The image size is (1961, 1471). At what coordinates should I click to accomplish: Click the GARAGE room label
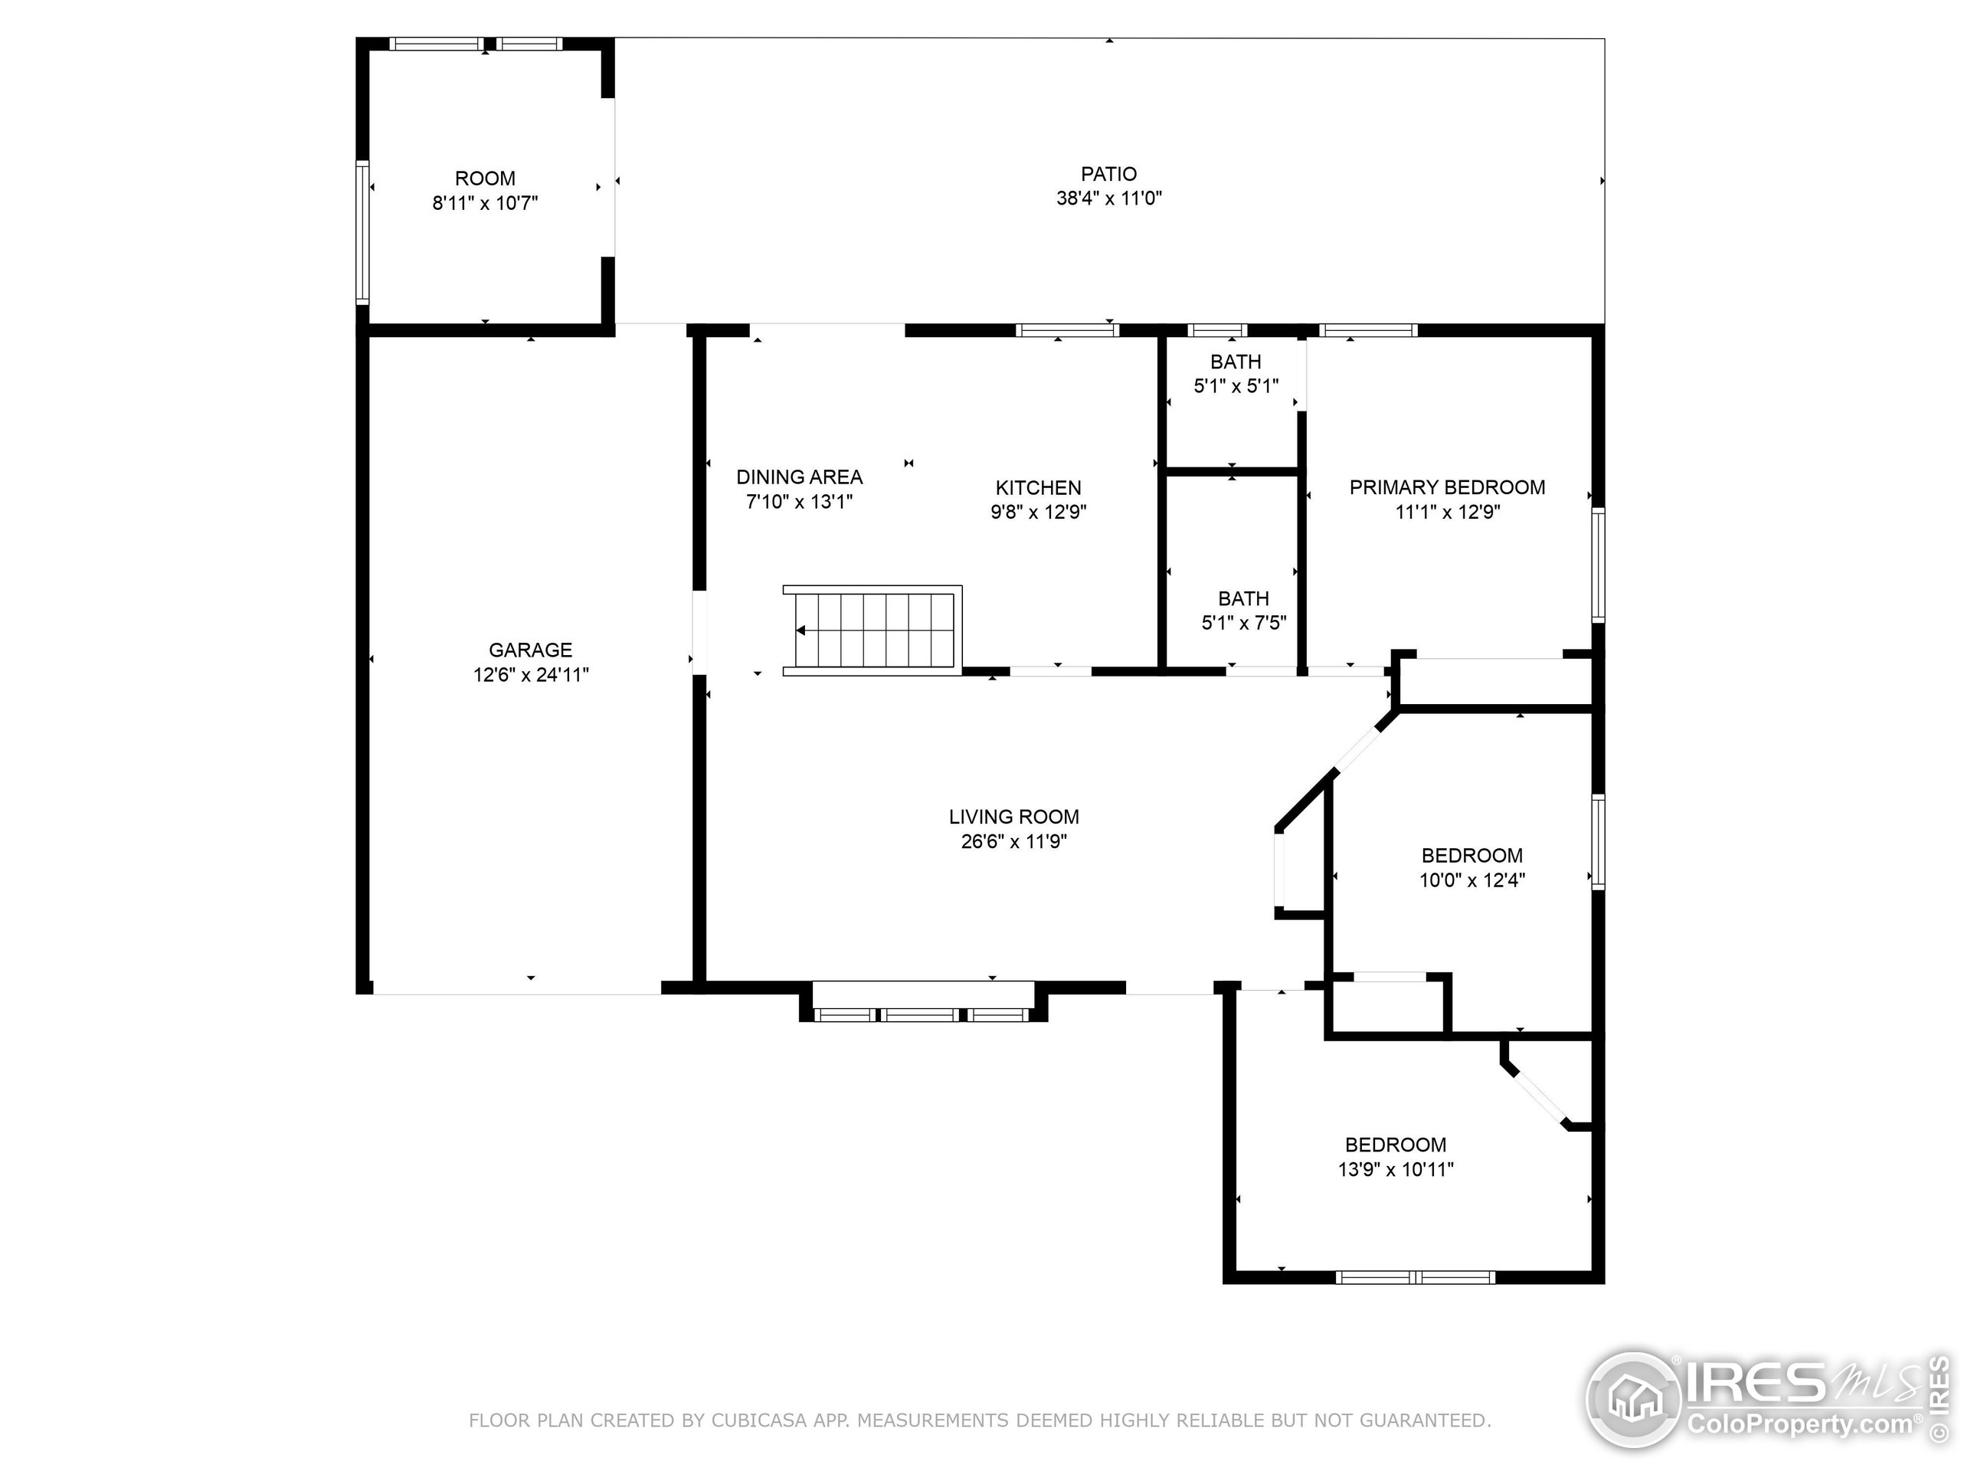(x=530, y=650)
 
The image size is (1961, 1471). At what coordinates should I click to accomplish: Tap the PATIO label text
(x=1108, y=174)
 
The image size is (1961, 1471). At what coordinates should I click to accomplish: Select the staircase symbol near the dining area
(x=872, y=631)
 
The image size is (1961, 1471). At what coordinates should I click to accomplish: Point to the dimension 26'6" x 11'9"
(x=1013, y=841)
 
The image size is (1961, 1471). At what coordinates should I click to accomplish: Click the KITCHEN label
(x=1038, y=488)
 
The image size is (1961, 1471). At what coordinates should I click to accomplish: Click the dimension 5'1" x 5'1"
(x=1236, y=385)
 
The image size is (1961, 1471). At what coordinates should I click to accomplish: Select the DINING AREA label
(x=799, y=477)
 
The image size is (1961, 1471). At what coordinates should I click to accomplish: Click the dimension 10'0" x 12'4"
(x=1472, y=880)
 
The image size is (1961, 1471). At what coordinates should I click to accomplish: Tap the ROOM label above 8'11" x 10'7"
(x=485, y=179)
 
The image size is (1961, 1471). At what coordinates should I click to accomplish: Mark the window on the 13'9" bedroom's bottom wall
(x=1415, y=1277)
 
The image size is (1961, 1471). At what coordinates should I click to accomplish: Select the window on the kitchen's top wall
(x=1066, y=331)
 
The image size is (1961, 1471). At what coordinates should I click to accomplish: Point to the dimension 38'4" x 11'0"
(x=1108, y=198)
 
